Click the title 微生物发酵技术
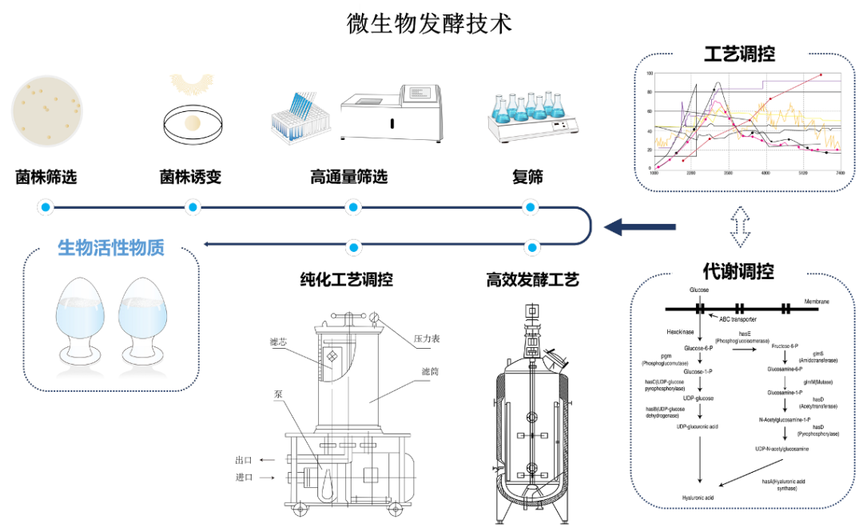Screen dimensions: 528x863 (429, 23)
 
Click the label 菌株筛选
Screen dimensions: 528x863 (46, 177)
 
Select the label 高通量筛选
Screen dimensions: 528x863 (348, 177)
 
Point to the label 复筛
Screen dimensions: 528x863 (527, 177)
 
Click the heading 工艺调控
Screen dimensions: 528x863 (739, 54)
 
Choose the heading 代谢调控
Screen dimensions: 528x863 (738, 271)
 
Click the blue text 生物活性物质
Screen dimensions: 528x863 (111, 248)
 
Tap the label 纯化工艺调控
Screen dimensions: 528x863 (346, 280)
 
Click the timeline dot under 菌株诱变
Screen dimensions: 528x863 (192, 209)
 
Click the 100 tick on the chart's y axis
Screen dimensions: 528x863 (649, 74)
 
